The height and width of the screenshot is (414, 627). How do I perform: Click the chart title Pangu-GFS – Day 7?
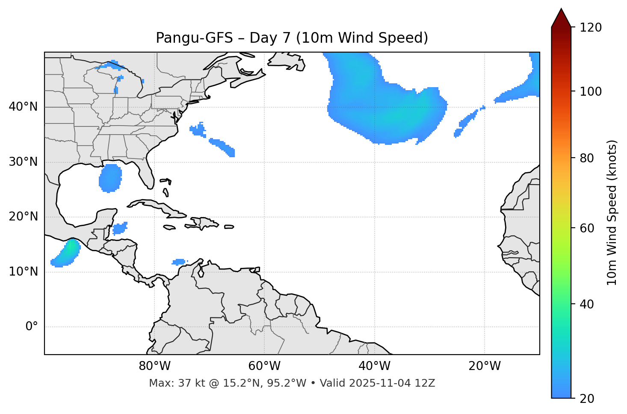[292, 38]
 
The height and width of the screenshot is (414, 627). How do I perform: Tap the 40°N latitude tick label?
[23, 106]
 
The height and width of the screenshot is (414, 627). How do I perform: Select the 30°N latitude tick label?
[23, 162]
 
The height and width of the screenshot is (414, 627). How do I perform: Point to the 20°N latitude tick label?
[23, 217]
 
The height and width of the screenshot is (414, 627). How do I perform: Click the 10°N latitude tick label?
[23, 272]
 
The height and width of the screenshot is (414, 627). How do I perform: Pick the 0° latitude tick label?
[32, 327]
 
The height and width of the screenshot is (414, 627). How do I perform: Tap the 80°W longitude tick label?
[154, 366]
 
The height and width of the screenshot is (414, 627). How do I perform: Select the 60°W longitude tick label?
[264, 366]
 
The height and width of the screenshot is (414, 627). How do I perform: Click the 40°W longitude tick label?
[374, 366]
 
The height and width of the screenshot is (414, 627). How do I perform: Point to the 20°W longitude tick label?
[484, 366]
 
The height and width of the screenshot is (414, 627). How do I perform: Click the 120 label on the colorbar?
[591, 28]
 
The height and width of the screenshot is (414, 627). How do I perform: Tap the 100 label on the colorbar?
[591, 91]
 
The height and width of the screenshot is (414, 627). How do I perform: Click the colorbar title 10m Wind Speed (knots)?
[612, 212]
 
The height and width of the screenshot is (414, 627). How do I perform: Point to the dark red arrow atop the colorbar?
[561, 18]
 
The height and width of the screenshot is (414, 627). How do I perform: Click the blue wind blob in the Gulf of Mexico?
[110, 178]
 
